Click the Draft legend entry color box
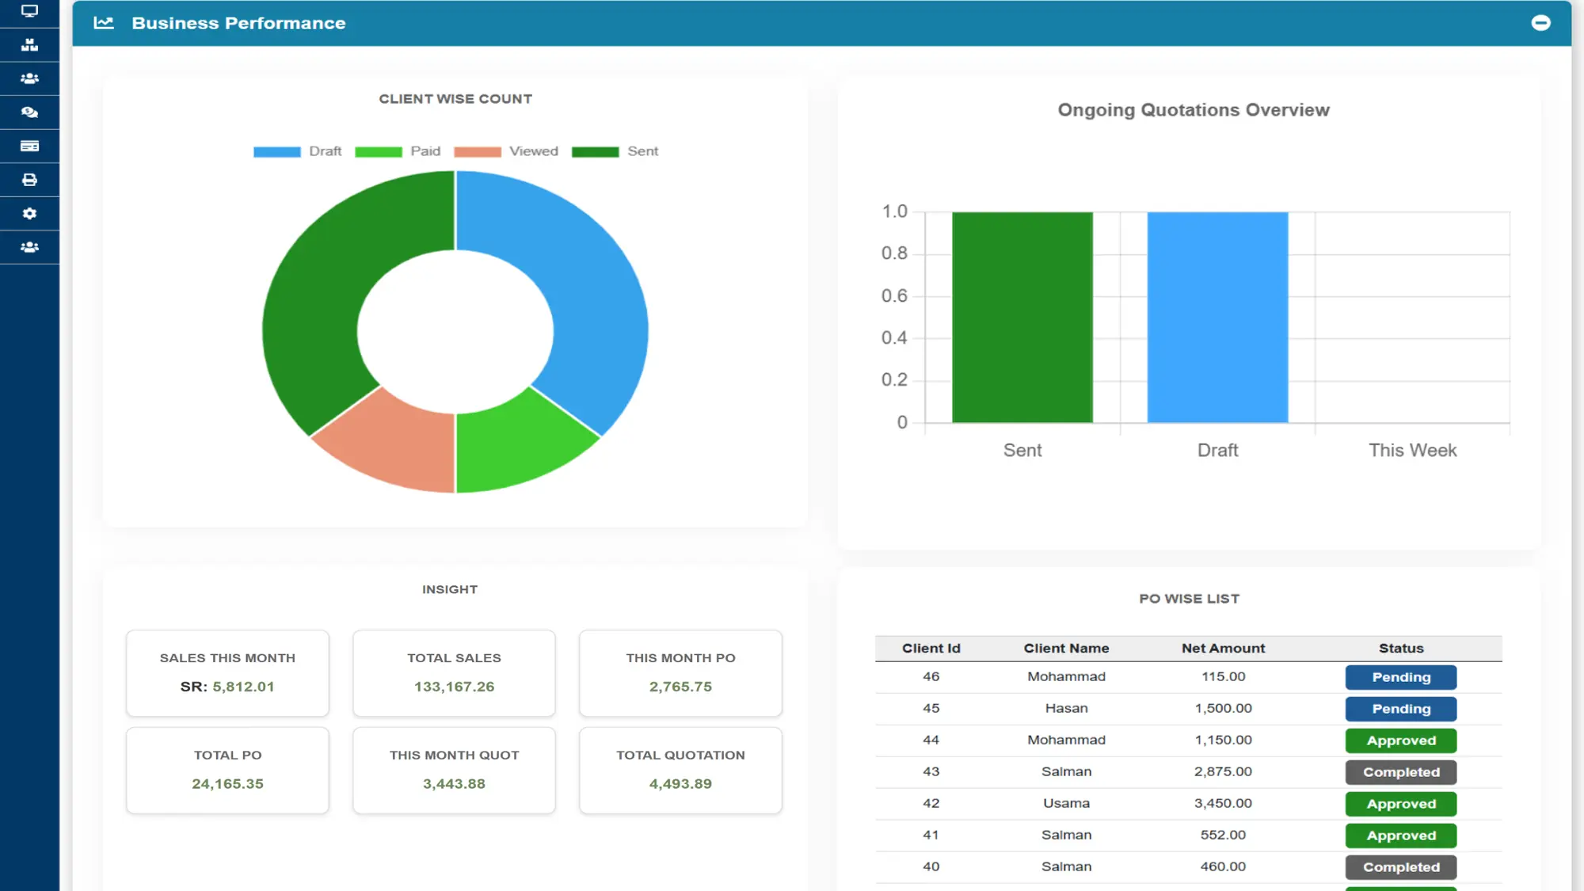tap(276, 151)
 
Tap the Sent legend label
tap(642, 151)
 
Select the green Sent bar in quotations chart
tap(1022, 317)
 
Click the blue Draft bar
tap(1217, 317)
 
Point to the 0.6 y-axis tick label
tap(894, 295)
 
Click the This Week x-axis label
tap(1412, 450)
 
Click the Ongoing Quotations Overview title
tap(1194, 110)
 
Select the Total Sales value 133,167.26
tap(454, 687)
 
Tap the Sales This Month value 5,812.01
tap(242, 687)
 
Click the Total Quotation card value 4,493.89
tap(680, 783)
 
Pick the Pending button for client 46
tap(1400, 677)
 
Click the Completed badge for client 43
tap(1400, 772)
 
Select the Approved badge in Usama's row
tap(1400, 804)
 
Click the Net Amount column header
tap(1223, 648)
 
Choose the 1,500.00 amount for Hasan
tap(1223, 708)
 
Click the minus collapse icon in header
tap(1540, 23)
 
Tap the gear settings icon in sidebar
tap(29, 214)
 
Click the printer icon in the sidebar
tap(29, 180)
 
